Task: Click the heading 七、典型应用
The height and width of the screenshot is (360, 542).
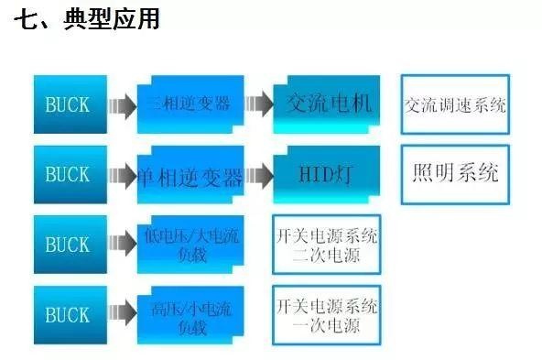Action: tap(87, 19)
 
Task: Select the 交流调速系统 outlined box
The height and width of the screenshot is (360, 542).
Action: tap(455, 103)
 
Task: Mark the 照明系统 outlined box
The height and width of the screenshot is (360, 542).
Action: tap(455, 173)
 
